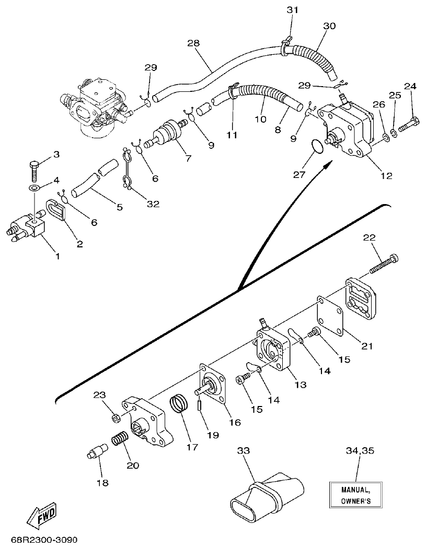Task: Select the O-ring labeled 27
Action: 314,148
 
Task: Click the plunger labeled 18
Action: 97,450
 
